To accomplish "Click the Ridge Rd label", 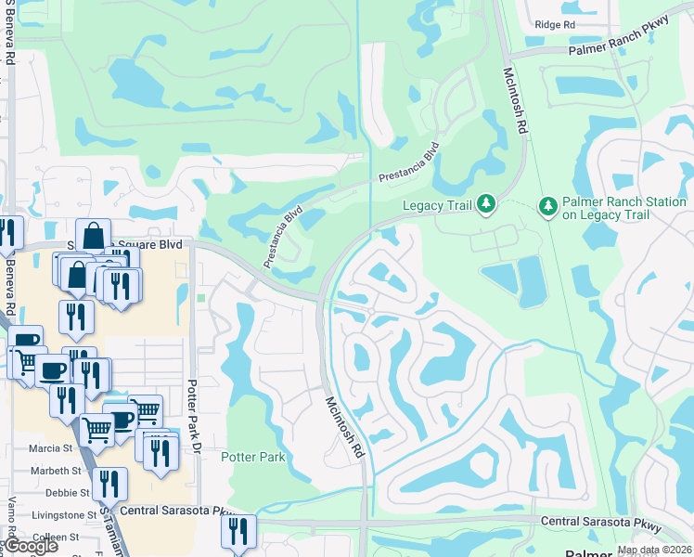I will (556, 24).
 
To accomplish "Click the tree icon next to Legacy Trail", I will (485, 204).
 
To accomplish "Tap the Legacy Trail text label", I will (436, 206).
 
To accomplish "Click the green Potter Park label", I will (252, 457).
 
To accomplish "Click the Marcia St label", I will (51, 448).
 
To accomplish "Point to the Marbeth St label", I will (49, 470).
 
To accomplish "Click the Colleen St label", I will (55, 537).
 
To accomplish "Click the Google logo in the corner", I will (32, 546).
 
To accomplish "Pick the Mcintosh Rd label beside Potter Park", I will (344, 427).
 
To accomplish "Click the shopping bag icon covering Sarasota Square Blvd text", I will (94, 236).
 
